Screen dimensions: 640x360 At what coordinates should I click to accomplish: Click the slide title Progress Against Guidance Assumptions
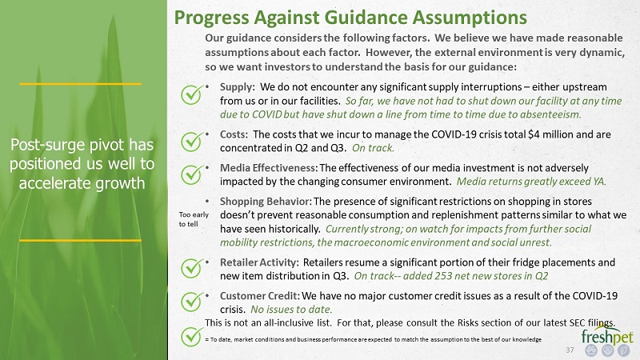point(350,18)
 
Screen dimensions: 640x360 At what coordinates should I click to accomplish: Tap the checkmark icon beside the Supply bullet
point(192,94)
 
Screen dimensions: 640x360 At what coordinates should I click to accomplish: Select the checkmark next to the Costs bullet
point(192,142)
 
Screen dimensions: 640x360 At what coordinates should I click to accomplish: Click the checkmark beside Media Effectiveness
point(192,174)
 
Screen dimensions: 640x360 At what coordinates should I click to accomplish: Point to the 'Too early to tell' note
point(194,219)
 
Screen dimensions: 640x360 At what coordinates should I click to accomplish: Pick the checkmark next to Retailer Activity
point(192,268)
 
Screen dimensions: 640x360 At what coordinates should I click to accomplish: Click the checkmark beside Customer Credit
point(192,302)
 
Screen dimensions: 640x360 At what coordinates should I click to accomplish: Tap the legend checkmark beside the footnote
point(192,337)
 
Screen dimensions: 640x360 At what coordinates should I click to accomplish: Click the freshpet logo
point(607,334)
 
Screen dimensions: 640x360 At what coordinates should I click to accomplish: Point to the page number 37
point(570,350)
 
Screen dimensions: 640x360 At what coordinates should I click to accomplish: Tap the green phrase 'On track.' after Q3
point(373,148)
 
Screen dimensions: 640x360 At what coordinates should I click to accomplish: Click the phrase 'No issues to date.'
point(291,310)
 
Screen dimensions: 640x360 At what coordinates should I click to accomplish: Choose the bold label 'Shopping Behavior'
point(266,202)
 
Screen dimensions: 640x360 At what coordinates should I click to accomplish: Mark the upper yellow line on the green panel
point(81,84)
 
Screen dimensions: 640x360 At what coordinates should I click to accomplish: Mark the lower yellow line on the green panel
point(81,241)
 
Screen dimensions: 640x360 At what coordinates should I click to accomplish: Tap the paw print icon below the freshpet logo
point(591,350)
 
